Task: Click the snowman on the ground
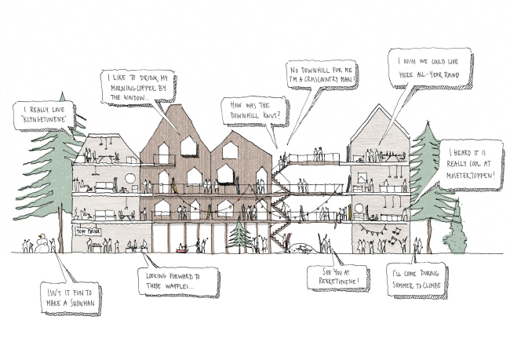(x=42, y=244)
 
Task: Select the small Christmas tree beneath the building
(x=239, y=235)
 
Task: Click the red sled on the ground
(x=183, y=252)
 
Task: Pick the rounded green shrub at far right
(x=455, y=232)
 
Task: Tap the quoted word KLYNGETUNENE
(x=43, y=122)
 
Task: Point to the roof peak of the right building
(x=378, y=106)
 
